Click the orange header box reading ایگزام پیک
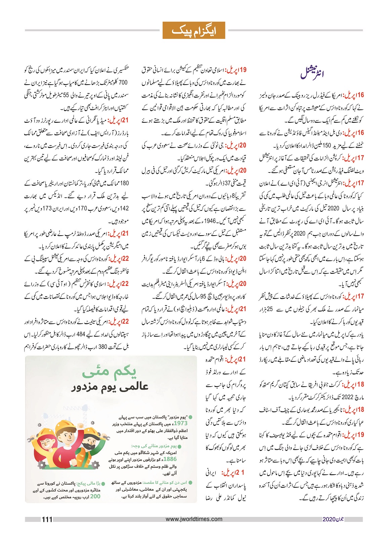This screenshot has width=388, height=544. click(x=193, y=31)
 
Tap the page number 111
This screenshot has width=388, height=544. click(x=47, y=519)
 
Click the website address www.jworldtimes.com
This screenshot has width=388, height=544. click(x=194, y=519)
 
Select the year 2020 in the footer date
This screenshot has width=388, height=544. click(x=329, y=519)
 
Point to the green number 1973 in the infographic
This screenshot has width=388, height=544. click(x=180, y=423)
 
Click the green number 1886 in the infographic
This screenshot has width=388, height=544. click(x=170, y=459)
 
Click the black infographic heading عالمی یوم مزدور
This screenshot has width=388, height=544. click(x=110, y=387)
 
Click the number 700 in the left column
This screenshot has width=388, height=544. click(x=123, y=83)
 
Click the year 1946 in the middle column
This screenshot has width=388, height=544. click(x=210, y=221)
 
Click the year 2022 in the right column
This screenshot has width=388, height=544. click(x=348, y=397)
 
